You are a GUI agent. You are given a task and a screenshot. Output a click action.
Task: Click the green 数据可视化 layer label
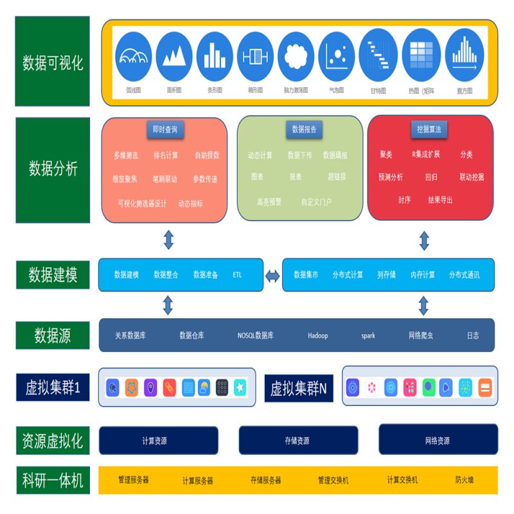[53, 62]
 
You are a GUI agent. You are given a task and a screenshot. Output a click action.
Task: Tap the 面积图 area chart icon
[174, 57]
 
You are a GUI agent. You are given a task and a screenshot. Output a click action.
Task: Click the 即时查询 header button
[165, 129]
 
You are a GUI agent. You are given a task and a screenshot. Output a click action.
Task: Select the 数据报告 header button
[304, 129]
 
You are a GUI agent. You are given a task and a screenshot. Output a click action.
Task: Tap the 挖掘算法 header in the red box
[429, 129]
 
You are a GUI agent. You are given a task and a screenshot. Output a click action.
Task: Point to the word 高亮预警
[269, 202]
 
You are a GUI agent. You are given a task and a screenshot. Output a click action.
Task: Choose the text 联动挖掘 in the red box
[472, 177]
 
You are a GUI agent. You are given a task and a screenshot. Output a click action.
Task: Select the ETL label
[238, 275]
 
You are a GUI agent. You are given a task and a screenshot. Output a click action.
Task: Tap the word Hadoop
[317, 335]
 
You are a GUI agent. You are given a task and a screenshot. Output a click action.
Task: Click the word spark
[368, 335]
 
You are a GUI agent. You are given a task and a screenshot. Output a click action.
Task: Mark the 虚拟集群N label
[298, 389]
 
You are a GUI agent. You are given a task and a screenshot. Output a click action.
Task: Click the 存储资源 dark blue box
[297, 441]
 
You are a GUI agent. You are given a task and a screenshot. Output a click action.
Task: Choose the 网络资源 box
[438, 440]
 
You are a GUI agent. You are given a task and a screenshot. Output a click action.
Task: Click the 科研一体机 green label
[53, 480]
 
